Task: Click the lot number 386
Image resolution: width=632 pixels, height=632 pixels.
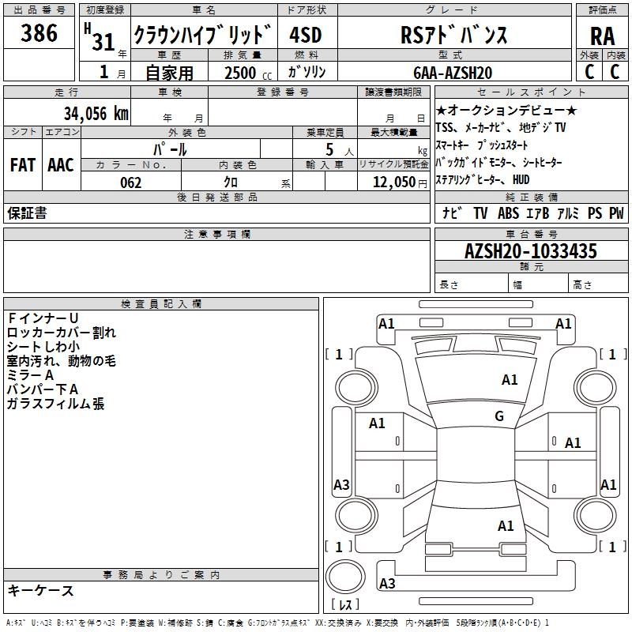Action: (x=39, y=32)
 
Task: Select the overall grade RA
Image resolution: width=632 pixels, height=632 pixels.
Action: (x=602, y=36)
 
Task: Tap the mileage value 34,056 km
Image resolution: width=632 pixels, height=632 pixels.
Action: (x=96, y=113)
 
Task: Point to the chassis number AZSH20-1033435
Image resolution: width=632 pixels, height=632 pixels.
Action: (x=530, y=250)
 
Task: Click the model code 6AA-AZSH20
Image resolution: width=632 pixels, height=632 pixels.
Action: (x=453, y=73)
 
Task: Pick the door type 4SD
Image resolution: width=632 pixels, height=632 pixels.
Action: (x=306, y=35)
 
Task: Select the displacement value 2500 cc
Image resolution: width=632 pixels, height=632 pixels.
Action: (x=248, y=73)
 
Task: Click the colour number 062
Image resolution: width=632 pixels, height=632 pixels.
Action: (x=130, y=182)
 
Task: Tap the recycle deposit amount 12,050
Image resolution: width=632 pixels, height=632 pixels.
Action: (x=394, y=182)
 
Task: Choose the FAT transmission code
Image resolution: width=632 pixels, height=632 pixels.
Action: (x=23, y=165)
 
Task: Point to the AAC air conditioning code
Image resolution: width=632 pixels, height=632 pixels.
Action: (x=61, y=165)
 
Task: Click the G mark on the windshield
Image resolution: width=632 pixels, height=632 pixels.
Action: (x=499, y=416)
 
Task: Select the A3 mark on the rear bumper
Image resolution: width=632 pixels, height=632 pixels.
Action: (x=387, y=583)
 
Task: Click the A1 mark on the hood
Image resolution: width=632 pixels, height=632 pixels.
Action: (x=510, y=380)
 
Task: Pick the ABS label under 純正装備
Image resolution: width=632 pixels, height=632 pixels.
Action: (x=508, y=213)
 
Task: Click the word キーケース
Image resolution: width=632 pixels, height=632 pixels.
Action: (x=40, y=590)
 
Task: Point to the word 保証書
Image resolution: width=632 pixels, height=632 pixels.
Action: (x=27, y=213)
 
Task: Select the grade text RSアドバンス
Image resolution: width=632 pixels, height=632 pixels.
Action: (x=453, y=35)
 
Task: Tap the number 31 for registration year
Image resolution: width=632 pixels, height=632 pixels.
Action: (x=103, y=42)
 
